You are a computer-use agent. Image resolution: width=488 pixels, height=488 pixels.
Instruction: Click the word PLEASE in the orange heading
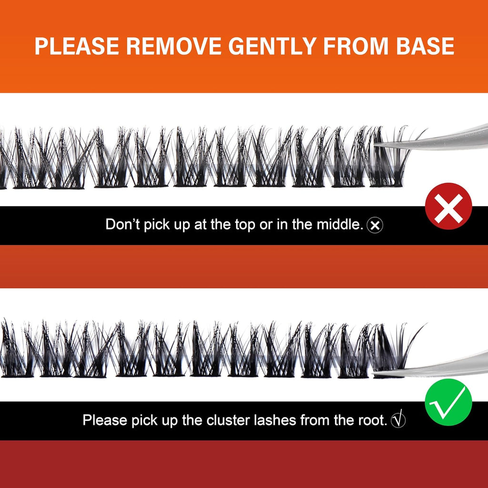[77, 46]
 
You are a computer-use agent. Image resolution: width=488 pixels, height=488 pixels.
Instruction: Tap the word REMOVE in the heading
[173, 46]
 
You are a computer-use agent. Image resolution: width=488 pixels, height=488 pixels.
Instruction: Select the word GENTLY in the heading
[272, 46]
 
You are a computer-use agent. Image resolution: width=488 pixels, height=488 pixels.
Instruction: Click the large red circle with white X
[448, 206]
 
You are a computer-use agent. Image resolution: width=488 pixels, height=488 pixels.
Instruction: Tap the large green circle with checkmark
[448, 402]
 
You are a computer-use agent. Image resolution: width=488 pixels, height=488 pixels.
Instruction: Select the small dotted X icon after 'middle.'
[375, 225]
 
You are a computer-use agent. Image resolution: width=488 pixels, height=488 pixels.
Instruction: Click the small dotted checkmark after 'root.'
[398, 419]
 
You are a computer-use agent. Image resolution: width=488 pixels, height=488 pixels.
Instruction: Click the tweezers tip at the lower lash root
[375, 373]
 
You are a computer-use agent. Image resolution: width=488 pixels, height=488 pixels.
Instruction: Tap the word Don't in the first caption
[123, 224]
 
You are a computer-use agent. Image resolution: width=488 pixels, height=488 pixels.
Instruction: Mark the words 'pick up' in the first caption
[167, 225]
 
